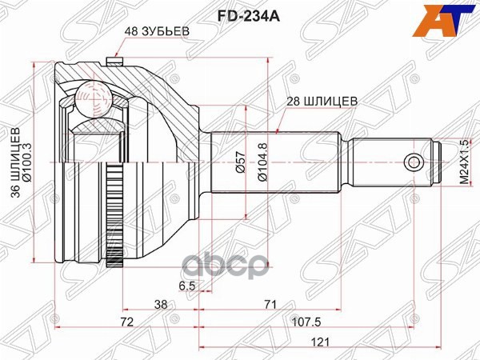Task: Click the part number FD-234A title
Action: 239,13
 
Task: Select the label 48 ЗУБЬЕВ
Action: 156,31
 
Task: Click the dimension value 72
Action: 126,322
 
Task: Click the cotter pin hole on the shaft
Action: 413,162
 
